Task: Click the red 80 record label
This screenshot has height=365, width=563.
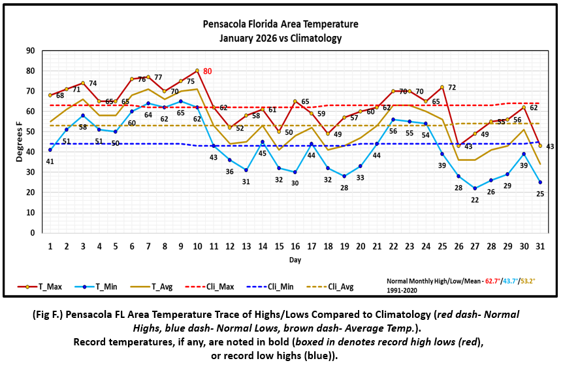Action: click(x=208, y=71)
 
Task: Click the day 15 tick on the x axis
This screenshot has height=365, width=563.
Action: click(x=279, y=245)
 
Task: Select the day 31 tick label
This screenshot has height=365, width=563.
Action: click(x=540, y=245)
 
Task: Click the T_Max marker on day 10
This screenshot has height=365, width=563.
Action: click(x=197, y=71)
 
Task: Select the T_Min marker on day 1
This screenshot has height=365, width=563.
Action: click(x=50, y=150)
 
